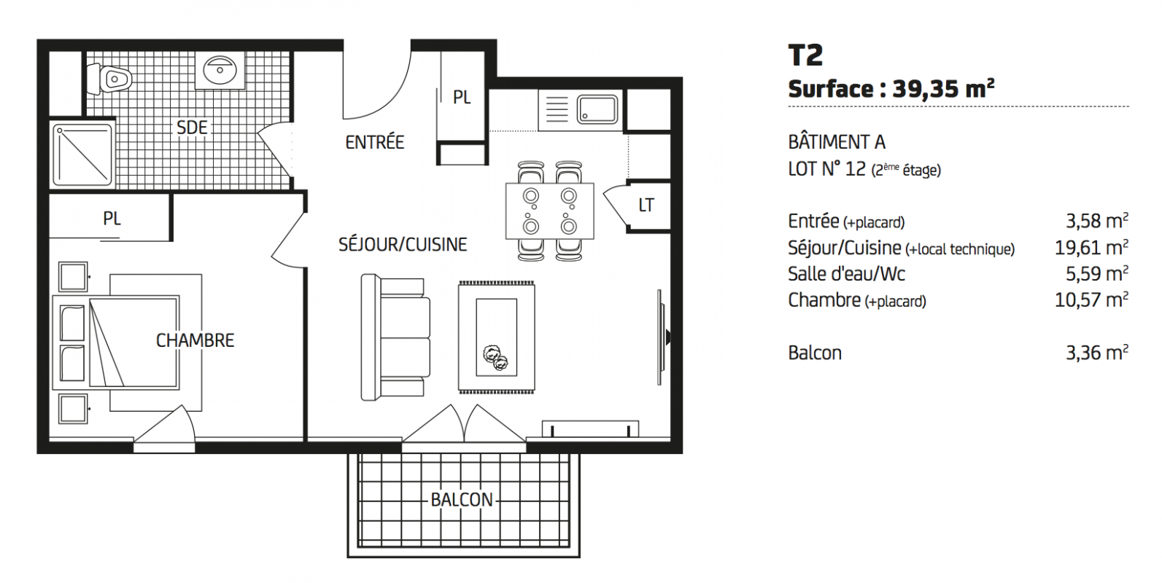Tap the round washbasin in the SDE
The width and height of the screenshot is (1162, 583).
pos(220,69)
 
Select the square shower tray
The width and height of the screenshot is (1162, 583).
pos(82,154)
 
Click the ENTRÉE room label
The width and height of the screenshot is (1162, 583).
pos(374,142)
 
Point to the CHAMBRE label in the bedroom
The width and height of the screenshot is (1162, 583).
pos(195,340)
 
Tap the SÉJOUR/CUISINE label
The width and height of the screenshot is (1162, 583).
pos(403,245)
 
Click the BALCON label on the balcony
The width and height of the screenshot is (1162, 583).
pos(462,500)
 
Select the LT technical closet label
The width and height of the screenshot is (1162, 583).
pos(646,206)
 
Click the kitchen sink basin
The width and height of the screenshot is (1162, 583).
pos(597,109)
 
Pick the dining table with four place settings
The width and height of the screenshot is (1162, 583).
pos(550,211)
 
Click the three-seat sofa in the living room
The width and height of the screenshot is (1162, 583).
pos(395,337)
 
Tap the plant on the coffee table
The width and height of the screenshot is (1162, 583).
pos(495,358)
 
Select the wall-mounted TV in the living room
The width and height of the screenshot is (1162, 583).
pos(662,337)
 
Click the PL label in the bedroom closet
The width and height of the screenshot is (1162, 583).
pos(112,219)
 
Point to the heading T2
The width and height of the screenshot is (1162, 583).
pos(805,55)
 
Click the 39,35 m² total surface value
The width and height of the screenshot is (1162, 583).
pos(944,89)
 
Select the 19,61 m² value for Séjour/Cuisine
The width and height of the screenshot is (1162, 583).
pos(1091,248)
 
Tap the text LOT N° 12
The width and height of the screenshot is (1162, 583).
pos(827,169)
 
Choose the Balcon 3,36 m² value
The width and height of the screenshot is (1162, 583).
pos(1097,353)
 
